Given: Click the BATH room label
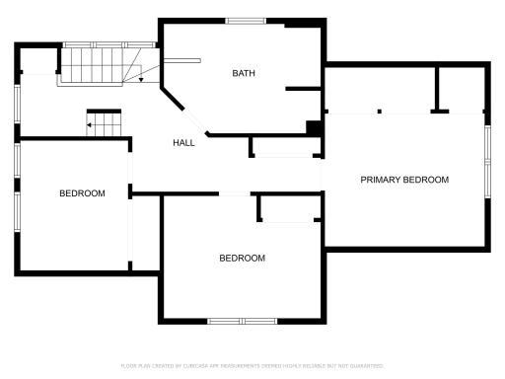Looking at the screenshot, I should click(x=244, y=73).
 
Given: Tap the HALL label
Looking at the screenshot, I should click(x=183, y=143).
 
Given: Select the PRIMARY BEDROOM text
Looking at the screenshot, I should click(x=404, y=180).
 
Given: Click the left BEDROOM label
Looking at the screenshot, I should click(x=82, y=193).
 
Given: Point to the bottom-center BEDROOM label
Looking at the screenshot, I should click(x=242, y=258).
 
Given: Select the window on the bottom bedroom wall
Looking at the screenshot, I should click(x=242, y=321).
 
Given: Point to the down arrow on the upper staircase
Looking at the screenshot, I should click(x=140, y=78).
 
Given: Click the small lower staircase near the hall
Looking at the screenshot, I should click(x=105, y=122).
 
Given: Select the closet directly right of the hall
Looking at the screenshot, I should click(x=284, y=146).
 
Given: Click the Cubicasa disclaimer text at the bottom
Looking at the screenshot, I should click(x=252, y=365).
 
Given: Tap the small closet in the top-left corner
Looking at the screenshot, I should click(x=38, y=60).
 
